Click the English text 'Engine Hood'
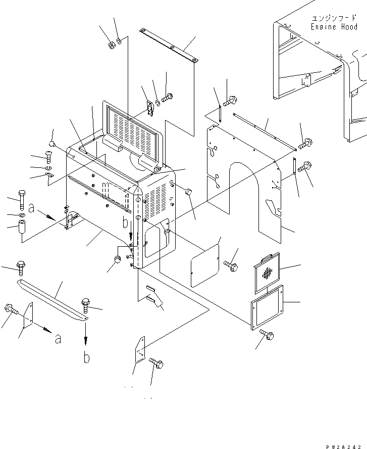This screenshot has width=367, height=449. click(x=334, y=27)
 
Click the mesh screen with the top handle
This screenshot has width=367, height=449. click(x=268, y=273)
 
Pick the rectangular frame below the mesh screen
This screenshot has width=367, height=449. click(x=267, y=308)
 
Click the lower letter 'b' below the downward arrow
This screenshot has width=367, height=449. click(x=86, y=357)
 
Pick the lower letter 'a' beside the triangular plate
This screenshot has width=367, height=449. click(x=58, y=339)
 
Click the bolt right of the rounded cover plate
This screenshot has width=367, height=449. click(x=230, y=264)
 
